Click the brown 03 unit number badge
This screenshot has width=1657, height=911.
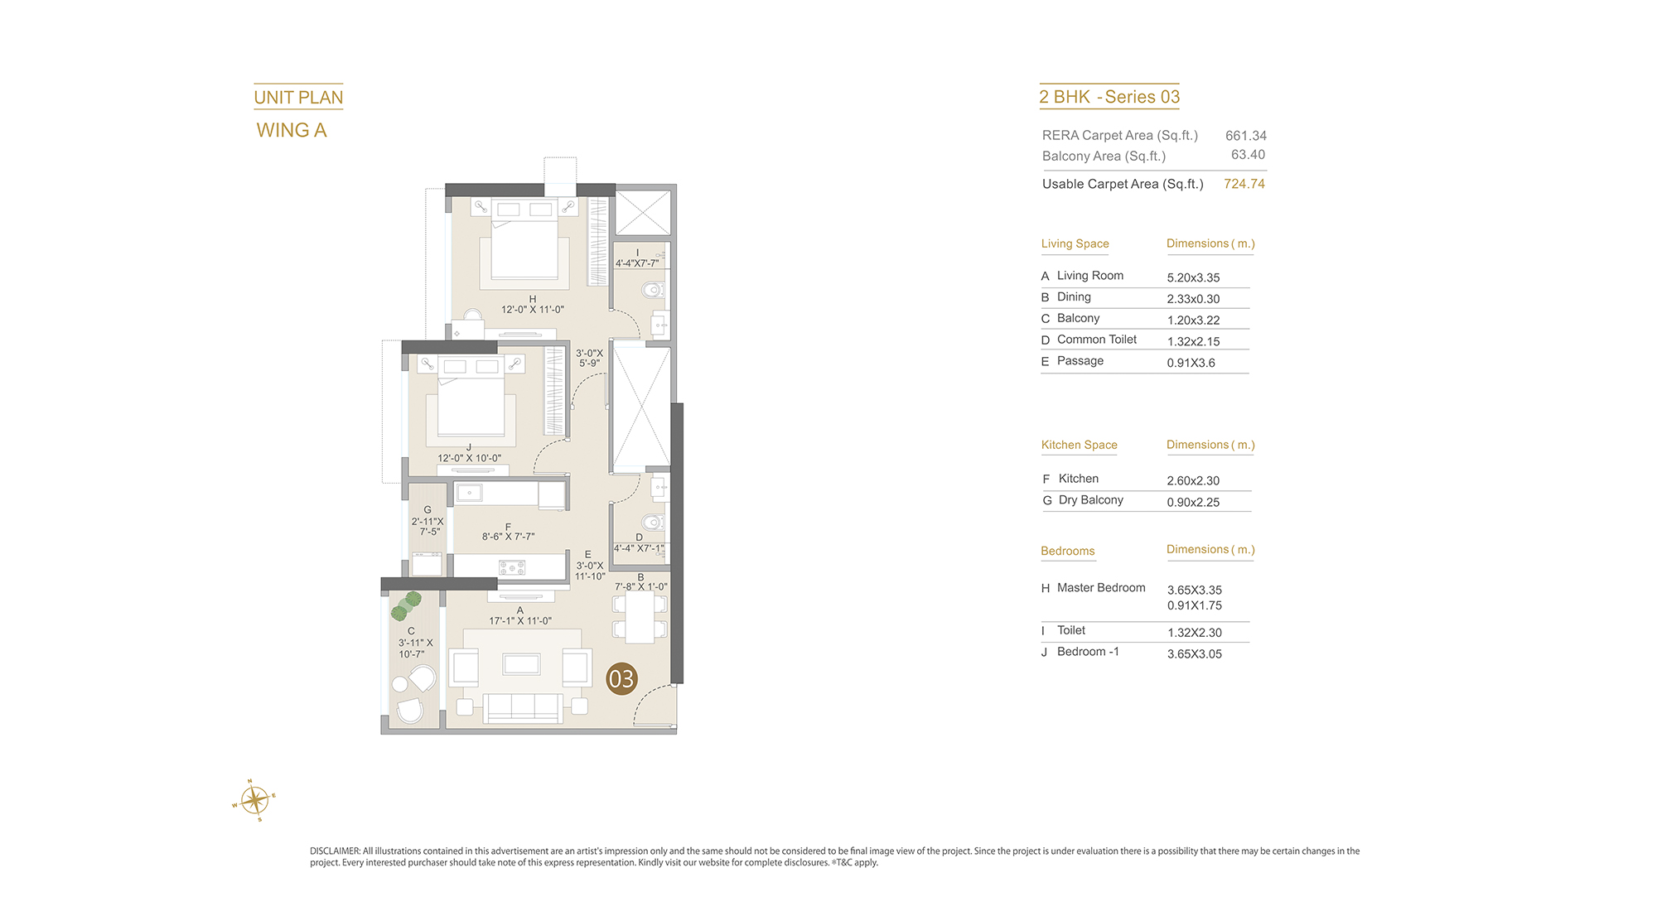click(x=621, y=679)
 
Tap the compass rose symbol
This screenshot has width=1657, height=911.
click(x=254, y=800)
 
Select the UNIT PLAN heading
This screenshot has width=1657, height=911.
click(x=298, y=98)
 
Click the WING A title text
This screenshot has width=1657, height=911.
click(x=292, y=130)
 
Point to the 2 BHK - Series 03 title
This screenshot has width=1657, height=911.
click(x=1109, y=97)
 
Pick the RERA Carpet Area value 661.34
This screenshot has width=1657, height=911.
click(x=1246, y=136)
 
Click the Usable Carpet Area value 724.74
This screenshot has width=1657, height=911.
click(x=1244, y=184)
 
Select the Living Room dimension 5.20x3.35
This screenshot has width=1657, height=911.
click(x=1193, y=277)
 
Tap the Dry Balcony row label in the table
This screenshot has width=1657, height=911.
click(x=1090, y=500)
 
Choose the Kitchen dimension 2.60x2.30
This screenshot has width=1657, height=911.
click(x=1193, y=480)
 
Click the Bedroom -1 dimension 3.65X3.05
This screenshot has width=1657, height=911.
click(x=1195, y=653)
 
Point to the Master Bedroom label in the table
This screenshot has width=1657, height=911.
click(x=1101, y=588)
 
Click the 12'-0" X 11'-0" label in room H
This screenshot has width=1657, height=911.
click(x=533, y=310)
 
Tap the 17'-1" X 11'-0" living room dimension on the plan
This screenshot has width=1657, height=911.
click(x=520, y=620)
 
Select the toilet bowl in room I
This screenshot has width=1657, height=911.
click(x=654, y=290)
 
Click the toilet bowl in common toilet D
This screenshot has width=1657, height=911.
click(x=654, y=523)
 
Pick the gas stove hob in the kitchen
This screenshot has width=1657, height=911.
click(x=512, y=567)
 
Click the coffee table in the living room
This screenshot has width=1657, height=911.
click(x=521, y=663)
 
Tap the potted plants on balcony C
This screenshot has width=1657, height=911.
click(x=406, y=606)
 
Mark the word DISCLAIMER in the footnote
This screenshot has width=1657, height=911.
click(x=335, y=851)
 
